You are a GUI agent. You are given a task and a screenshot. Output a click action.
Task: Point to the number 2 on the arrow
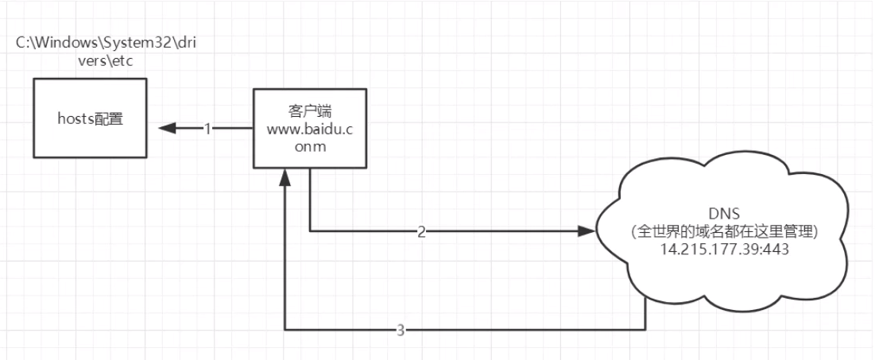tap(420, 231)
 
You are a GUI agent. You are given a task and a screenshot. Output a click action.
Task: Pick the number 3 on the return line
tap(401, 330)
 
